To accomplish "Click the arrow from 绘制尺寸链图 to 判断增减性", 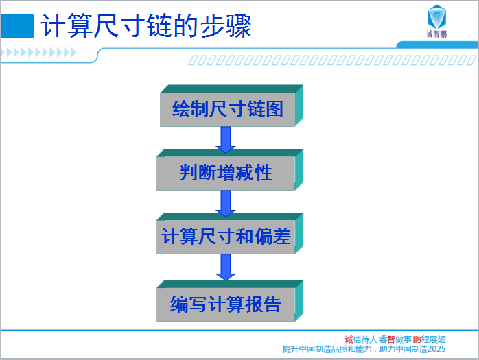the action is [226, 139].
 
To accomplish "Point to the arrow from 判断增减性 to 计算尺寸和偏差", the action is [226, 204].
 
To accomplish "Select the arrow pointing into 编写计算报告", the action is [226, 267].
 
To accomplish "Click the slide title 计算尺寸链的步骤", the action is [146, 26].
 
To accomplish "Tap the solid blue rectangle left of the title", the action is [17, 26].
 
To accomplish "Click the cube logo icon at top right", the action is [437, 16].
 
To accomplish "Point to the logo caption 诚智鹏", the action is [437, 34].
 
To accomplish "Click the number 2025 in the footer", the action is [436, 349].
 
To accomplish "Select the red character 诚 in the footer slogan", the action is [349, 339].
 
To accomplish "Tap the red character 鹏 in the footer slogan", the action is [417, 339].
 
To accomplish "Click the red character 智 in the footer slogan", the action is [391, 339].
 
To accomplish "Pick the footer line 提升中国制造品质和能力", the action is [327, 349].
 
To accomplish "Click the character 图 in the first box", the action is [274, 108].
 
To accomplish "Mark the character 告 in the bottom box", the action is [272, 304].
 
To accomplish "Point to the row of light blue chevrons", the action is [38, 53].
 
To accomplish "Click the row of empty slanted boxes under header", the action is [332, 60].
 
